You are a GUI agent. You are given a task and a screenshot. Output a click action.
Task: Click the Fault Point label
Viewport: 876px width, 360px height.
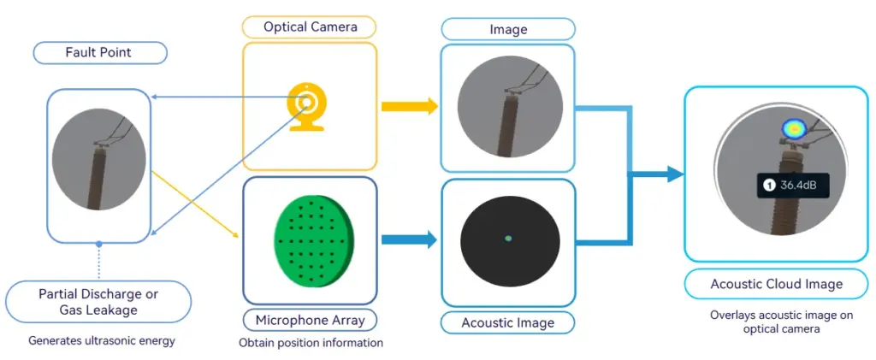[99, 53]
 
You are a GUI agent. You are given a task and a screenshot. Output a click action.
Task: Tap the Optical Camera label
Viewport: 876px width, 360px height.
[309, 27]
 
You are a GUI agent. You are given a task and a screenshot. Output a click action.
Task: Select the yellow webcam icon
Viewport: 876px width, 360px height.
[306, 107]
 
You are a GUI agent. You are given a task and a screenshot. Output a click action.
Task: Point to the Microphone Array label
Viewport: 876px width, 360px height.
[311, 321]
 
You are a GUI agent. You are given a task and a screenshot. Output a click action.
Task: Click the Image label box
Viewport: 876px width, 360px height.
[507, 29]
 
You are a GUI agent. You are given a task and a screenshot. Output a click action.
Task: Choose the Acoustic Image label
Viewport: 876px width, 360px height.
[507, 322]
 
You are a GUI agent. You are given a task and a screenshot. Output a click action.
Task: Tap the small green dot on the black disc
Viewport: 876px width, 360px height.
[508, 238]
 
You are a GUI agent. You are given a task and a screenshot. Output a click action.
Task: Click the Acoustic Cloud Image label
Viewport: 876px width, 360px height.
[776, 284]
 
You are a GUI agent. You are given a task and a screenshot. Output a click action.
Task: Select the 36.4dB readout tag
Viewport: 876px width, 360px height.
[794, 185]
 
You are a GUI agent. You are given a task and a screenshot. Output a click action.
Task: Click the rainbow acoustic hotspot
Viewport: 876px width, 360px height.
[794, 129]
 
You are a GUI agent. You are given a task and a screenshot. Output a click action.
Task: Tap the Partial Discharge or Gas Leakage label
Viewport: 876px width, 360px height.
[98, 301]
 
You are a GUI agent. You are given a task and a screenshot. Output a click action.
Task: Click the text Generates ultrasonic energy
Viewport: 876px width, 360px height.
[101, 341]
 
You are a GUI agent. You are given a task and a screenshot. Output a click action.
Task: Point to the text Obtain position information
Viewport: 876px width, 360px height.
[311, 343]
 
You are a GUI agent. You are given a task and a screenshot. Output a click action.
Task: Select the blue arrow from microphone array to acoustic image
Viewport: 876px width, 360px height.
[409, 239]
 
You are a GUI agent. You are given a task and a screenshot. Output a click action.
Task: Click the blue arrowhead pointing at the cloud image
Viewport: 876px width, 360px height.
[674, 174]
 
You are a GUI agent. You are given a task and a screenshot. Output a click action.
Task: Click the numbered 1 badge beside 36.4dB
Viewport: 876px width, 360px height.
[768, 185]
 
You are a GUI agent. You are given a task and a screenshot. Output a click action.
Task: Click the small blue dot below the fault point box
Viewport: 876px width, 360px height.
[99, 245]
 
